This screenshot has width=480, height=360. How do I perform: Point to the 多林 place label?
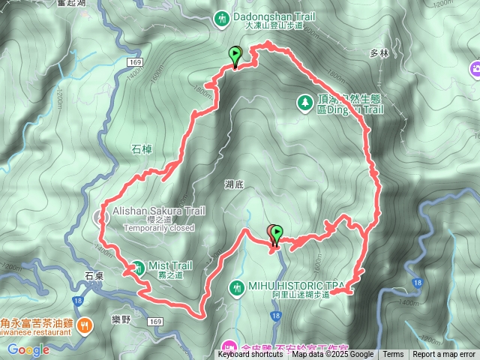[x=379, y=54]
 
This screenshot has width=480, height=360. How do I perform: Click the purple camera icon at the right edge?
[x=475, y=70]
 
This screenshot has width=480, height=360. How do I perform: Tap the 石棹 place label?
[x=142, y=149]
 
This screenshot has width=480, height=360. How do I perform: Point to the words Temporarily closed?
[x=159, y=228]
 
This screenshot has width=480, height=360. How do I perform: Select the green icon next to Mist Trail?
[x=138, y=266]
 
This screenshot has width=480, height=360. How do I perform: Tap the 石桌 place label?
[x=94, y=276]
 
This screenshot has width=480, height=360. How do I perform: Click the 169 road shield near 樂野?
[x=155, y=321]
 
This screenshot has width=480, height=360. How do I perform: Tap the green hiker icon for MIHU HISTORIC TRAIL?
[x=237, y=286]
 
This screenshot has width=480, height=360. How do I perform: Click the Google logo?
[x=28, y=349]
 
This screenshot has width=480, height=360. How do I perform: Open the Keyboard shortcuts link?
[x=250, y=355]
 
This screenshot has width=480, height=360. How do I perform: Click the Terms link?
[x=393, y=355]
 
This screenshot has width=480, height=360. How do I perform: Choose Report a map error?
[x=444, y=355]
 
